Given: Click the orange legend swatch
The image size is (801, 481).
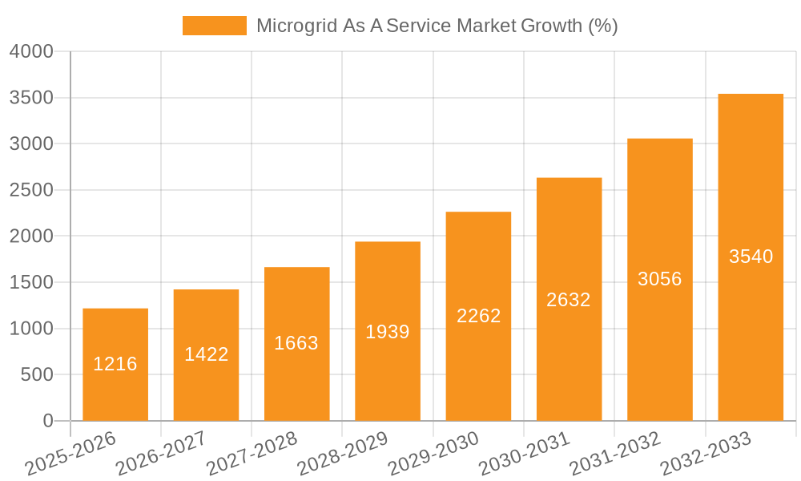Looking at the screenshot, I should click(214, 26).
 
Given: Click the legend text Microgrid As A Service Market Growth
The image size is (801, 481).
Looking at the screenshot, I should click(437, 26).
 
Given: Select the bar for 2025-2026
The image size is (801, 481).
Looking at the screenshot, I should click(115, 365).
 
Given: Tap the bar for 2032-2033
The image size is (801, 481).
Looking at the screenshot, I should click(751, 257).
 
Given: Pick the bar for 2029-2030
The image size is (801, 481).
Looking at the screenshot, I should click(478, 316).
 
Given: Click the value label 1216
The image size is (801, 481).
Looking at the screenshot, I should click(115, 364).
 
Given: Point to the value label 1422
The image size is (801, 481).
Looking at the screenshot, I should click(207, 354).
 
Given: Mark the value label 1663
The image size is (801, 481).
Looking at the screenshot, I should click(296, 343).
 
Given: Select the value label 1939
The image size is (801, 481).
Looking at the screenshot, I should click(388, 332).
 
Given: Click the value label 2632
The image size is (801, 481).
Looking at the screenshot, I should click(569, 300).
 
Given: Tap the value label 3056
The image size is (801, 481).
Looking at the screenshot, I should click(660, 279).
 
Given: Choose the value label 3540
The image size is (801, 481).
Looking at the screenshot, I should click(751, 257).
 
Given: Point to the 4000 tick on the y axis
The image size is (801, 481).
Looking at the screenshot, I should click(31, 51).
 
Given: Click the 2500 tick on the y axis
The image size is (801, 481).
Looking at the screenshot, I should click(31, 190).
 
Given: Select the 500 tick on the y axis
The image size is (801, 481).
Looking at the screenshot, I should click(37, 374).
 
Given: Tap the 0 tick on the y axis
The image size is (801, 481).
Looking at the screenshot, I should click(48, 421).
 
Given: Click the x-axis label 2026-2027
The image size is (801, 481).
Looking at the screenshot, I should click(161, 454).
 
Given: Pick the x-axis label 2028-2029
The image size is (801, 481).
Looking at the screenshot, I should click(343, 454).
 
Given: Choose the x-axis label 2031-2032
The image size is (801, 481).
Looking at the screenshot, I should click(615, 454).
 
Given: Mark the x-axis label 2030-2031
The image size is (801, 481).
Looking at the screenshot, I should click(525, 454).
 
